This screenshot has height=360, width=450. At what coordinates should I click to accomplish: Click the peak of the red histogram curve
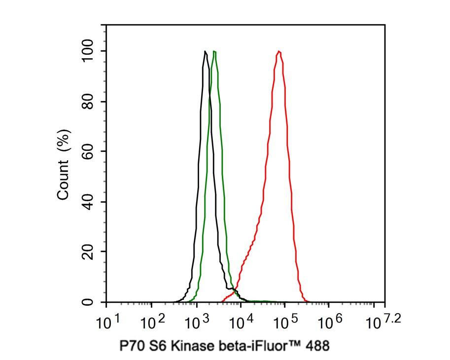279,51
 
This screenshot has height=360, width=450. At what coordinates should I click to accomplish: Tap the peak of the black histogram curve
205,51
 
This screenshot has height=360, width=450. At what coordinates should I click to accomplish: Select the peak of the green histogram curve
214,51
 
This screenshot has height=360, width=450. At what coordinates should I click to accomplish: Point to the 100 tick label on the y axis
89,51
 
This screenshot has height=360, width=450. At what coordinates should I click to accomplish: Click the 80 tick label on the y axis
89,102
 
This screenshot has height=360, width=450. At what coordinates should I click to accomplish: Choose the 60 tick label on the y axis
89,151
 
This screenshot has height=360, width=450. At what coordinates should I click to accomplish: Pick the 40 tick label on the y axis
89,202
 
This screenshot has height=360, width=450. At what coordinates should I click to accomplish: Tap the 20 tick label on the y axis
89,252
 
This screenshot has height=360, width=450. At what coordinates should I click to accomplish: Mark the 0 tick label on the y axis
89,302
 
